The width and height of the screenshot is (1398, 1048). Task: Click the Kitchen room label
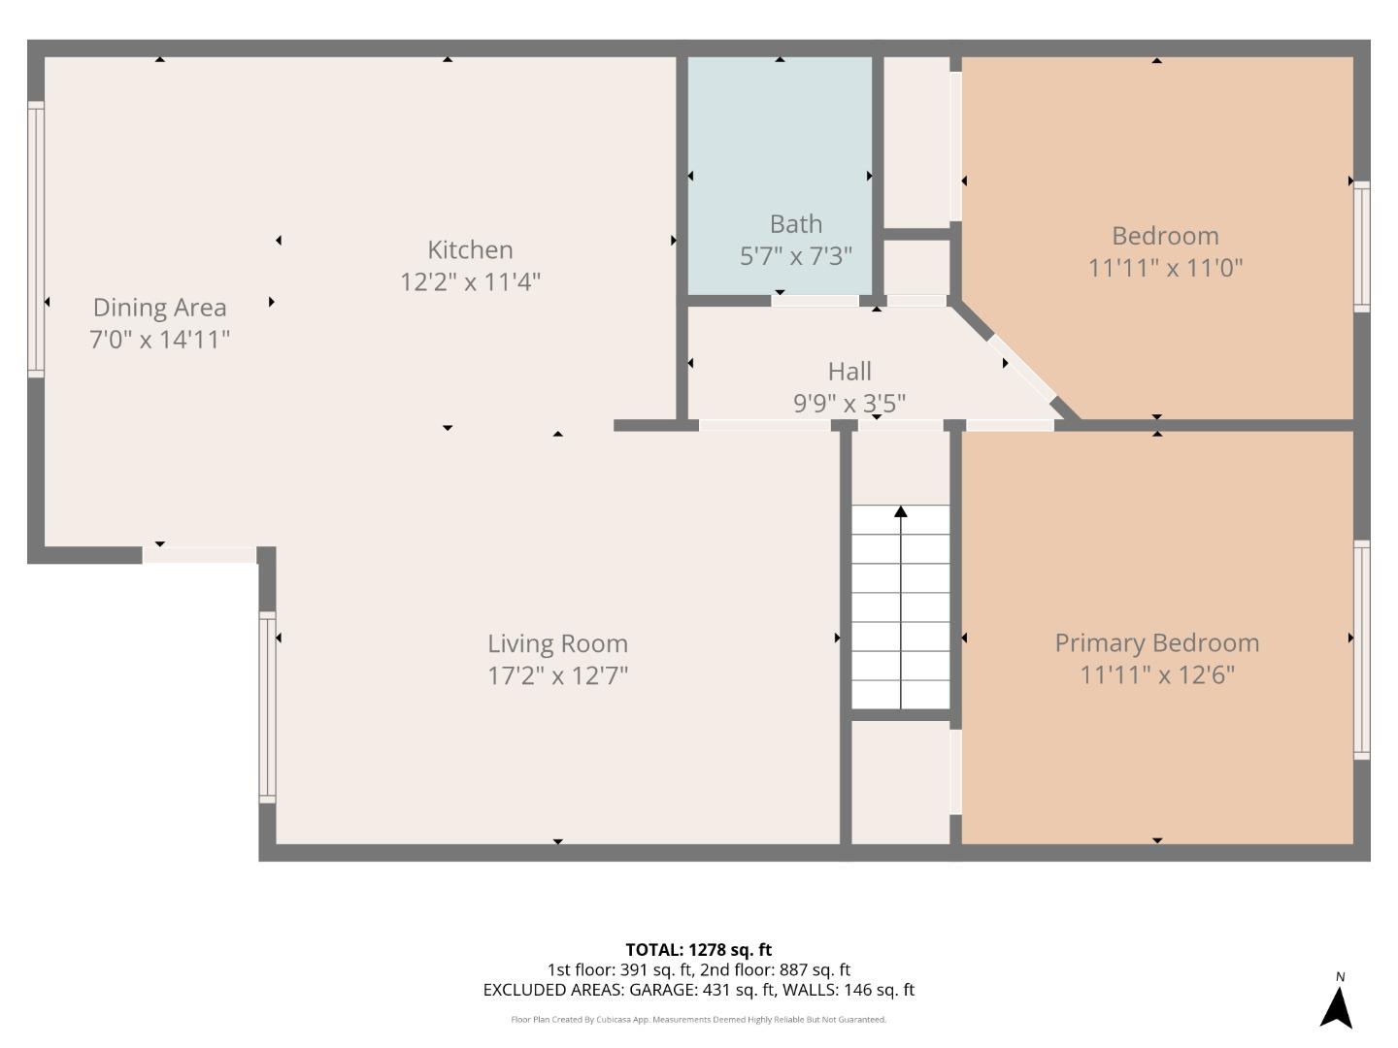[x=470, y=249]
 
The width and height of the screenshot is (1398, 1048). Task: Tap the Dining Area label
[x=159, y=307]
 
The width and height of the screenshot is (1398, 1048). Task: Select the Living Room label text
[x=557, y=643]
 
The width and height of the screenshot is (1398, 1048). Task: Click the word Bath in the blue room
[x=795, y=224]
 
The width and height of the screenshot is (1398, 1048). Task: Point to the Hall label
[x=849, y=371]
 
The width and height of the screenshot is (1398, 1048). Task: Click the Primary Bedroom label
[x=1156, y=642]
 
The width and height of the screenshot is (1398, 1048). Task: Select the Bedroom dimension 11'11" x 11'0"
[x=1165, y=268]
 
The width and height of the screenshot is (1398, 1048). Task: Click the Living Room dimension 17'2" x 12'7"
[x=557, y=675]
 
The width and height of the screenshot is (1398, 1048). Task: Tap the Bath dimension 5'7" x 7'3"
[x=795, y=256]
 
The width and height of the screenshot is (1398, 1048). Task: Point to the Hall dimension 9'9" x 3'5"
[x=849, y=403]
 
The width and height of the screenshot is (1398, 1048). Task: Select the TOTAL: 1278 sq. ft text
[x=698, y=950]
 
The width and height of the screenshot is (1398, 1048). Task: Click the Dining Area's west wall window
[x=36, y=239]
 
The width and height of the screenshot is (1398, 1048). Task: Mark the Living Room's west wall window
[x=267, y=706]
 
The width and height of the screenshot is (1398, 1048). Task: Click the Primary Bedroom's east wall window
[x=1361, y=649]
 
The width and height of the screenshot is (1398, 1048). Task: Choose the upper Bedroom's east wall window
[x=1361, y=246]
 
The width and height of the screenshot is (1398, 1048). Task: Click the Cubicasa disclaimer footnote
[x=698, y=1020]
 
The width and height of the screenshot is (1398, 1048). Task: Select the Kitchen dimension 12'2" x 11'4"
[x=470, y=282]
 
